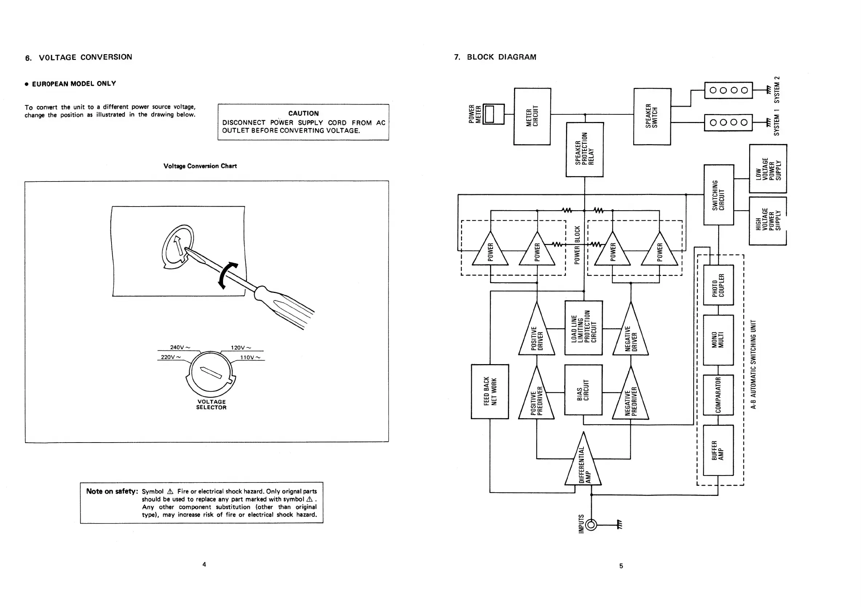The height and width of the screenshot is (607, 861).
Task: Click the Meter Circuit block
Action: [532, 117]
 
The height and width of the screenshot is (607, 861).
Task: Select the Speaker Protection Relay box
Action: [584, 149]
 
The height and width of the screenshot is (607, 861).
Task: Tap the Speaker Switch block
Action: [652, 117]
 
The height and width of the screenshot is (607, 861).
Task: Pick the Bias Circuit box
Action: [583, 390]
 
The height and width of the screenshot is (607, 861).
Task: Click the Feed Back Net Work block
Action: [490, 392]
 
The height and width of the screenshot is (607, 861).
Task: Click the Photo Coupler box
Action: [718, 285]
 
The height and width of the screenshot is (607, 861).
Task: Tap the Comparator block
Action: [718, 395]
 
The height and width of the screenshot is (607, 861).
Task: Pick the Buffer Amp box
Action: [718, 450]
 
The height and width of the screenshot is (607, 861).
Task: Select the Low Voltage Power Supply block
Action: [768, 168]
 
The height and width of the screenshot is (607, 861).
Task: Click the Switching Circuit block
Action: [719, 195]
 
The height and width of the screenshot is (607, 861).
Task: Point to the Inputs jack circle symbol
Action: [591, 525]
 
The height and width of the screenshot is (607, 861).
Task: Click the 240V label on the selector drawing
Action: [180, 347]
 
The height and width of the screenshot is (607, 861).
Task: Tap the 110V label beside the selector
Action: [250, 357]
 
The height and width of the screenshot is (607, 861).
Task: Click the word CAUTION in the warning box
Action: [303, 113]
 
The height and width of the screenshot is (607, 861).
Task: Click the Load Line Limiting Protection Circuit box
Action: [583, 328]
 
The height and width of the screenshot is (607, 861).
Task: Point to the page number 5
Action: [621, 566]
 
